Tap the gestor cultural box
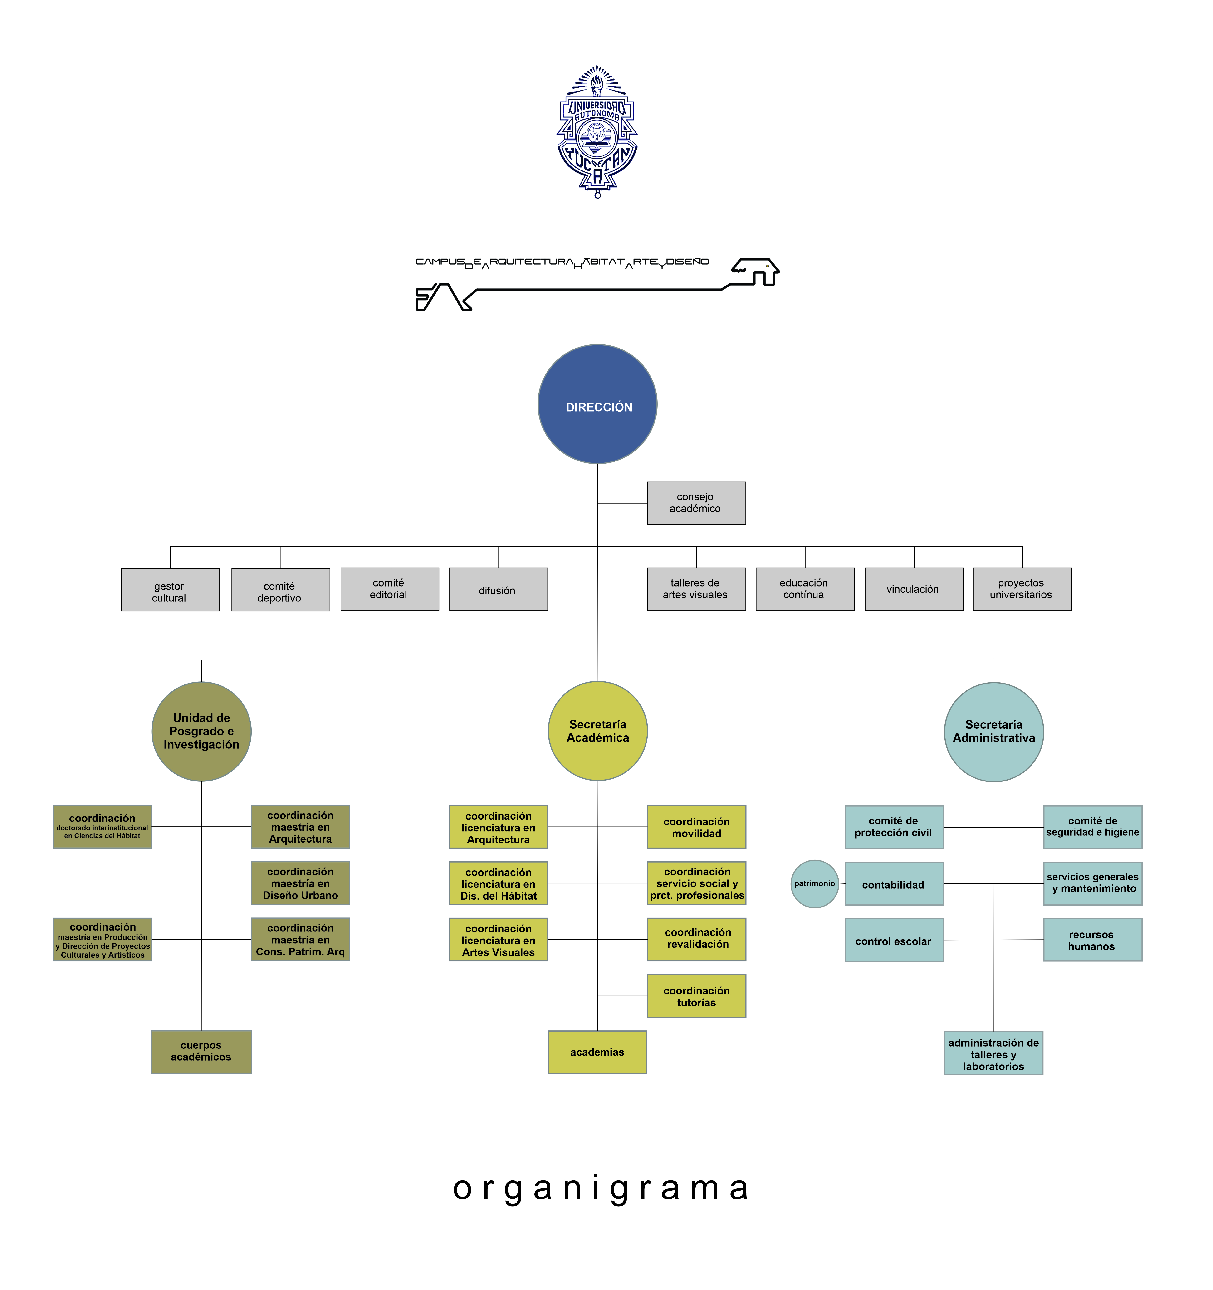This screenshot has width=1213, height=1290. [170, 590]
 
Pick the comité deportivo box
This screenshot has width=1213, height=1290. [280, 590]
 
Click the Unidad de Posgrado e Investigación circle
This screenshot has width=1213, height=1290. [201, 731]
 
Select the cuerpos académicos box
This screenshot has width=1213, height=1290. [201, 1052]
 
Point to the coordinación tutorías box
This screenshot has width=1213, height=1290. [696, 996]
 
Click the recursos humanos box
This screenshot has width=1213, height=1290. [1092, 940]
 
